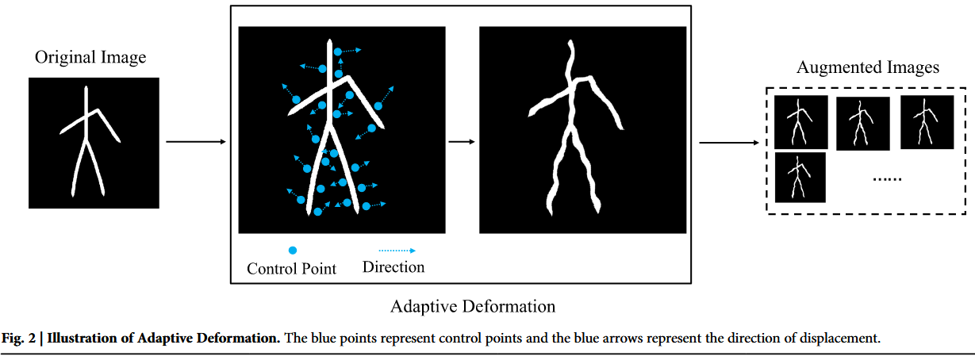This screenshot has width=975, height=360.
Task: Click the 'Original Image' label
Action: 90,58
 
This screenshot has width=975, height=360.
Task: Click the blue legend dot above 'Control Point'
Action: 292,251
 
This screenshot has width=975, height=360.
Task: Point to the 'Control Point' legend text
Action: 292,269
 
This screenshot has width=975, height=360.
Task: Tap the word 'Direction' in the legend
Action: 393,267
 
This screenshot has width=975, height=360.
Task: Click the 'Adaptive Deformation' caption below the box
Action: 473,306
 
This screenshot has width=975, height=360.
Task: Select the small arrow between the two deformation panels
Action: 462,143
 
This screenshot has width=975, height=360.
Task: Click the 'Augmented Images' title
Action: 868,67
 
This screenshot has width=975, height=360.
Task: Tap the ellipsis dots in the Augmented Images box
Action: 888,180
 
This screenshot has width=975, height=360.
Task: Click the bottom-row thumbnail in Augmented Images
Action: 800,178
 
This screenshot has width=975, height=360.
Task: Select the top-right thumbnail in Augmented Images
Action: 927,122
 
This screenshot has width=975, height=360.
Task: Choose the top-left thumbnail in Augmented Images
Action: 801,122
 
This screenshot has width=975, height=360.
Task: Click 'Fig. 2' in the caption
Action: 19,339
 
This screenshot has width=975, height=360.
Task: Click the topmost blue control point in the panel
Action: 338,52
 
